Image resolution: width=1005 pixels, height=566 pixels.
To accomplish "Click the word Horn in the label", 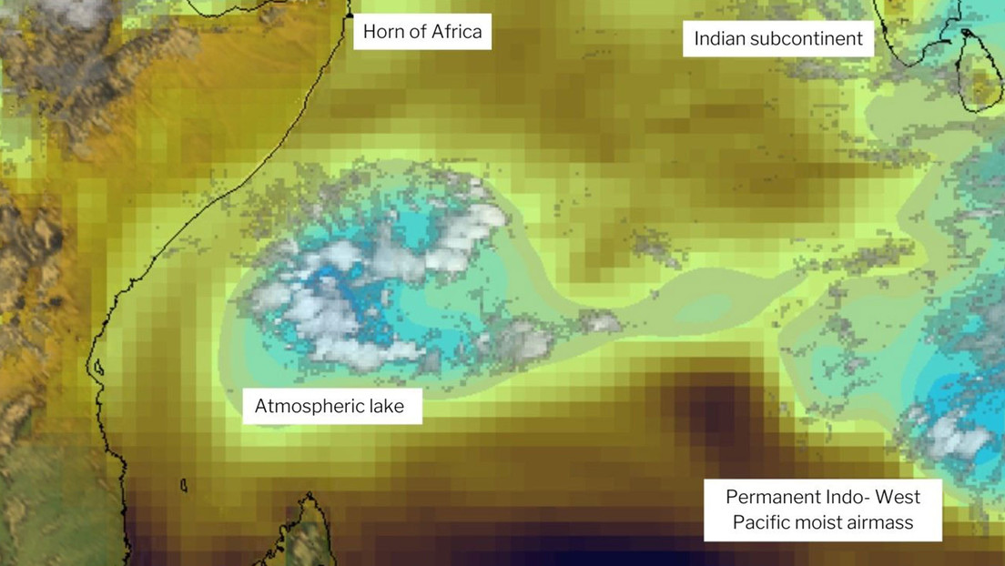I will pos(382,33).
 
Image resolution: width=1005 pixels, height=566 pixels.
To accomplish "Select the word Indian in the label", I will pos(719,39).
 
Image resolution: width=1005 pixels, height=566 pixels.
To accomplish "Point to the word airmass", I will pos(880,523).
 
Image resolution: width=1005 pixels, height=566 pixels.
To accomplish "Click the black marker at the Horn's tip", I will pos(350,15).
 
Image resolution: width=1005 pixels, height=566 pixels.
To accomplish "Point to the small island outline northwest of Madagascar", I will pos(184,485).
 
